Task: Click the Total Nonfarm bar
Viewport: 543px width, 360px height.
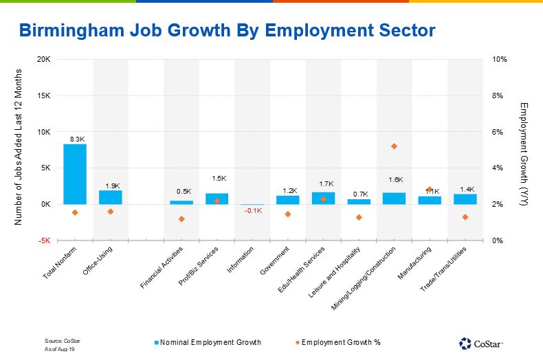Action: [x=75, y=174]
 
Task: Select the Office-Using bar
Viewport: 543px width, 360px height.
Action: [x=110, y=197]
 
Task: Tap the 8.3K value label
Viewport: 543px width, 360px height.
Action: [x=77, y=139]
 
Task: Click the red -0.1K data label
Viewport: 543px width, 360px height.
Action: [x=252, y=211]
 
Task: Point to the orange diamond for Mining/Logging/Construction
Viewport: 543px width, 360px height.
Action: [x=394, y=146]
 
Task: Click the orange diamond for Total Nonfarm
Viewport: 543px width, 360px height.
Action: [x=75, y=212]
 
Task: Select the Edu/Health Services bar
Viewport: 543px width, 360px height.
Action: [x=323, y=198]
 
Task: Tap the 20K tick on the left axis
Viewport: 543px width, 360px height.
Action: [x=43, y=60]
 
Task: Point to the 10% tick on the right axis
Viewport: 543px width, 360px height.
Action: [x=500, y=60]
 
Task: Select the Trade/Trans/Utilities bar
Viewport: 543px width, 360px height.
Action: [x=465, y=199]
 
